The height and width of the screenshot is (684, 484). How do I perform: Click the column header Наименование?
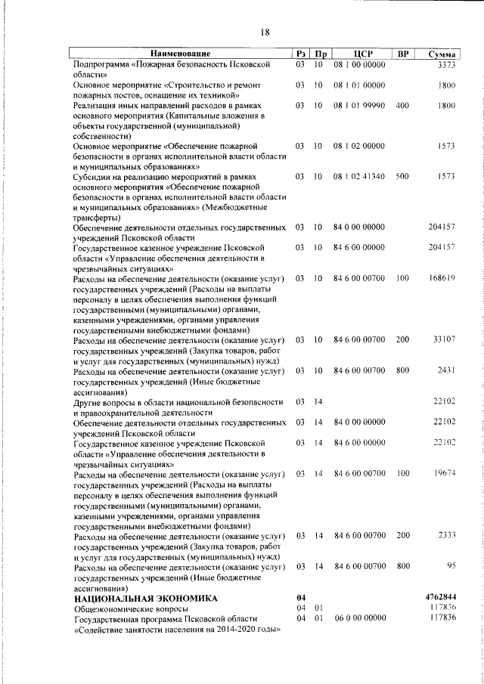point(179,54)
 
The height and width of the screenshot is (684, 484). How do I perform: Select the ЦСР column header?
point(359,54)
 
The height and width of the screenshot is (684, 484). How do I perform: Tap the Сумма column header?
point(441,54)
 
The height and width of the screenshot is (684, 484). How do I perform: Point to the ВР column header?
point(403,54)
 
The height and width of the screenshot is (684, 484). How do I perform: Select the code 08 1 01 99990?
point(359,105)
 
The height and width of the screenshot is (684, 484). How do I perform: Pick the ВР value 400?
point(402,105)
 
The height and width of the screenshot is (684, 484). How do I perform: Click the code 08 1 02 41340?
point(359,176)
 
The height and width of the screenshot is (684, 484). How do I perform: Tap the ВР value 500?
point(402,176)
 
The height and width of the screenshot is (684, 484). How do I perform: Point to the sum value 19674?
point(443,473)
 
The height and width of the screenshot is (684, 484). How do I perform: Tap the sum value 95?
point(451,565)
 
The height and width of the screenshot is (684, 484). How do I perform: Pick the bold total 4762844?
point(441,597)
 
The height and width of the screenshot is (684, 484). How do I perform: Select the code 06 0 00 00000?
point(359,617)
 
